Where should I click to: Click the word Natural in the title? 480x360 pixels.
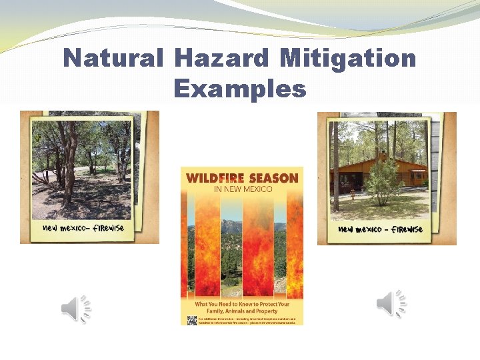point(113,59)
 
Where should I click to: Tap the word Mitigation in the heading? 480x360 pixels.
point(348,59)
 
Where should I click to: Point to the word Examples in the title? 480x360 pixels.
point(240,88)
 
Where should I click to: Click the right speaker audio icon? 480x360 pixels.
point(391,304)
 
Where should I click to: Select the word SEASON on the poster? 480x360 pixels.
point(273,178)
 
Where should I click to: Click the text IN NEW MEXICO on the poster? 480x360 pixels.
point(242,189)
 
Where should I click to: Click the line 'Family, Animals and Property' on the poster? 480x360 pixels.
point(242,311)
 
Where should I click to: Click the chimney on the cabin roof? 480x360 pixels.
point(382,155)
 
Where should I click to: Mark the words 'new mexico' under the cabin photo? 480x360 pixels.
point(358,229)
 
